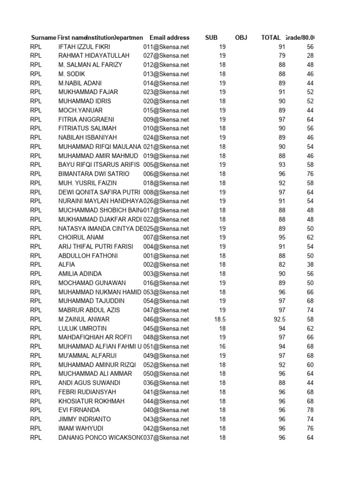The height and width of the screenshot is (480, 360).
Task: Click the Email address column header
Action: pos(170,37)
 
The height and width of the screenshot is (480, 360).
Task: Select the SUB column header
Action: pos(211,37)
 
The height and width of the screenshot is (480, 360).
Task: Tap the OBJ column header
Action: pos(241,37)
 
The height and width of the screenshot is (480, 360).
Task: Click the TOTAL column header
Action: pos(271,37)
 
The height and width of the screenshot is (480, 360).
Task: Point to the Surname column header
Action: pos(43,37)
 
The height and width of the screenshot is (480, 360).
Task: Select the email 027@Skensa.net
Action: pos(166,56)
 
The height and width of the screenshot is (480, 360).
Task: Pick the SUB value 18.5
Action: pos(220,319)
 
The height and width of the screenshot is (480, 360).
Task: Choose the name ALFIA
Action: pos(67,264)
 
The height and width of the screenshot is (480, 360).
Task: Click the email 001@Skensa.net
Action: pos(166,255)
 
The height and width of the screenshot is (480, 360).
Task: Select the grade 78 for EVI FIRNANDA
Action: pos(310,410)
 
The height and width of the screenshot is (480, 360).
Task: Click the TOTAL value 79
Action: pos(282,56)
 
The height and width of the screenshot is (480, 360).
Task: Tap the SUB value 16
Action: pos(222,346)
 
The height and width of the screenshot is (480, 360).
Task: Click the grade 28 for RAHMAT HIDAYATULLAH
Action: pos(310,56)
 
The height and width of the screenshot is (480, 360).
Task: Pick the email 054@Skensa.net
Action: pos(166,301)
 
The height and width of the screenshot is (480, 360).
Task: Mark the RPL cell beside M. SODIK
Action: pos(36,74)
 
